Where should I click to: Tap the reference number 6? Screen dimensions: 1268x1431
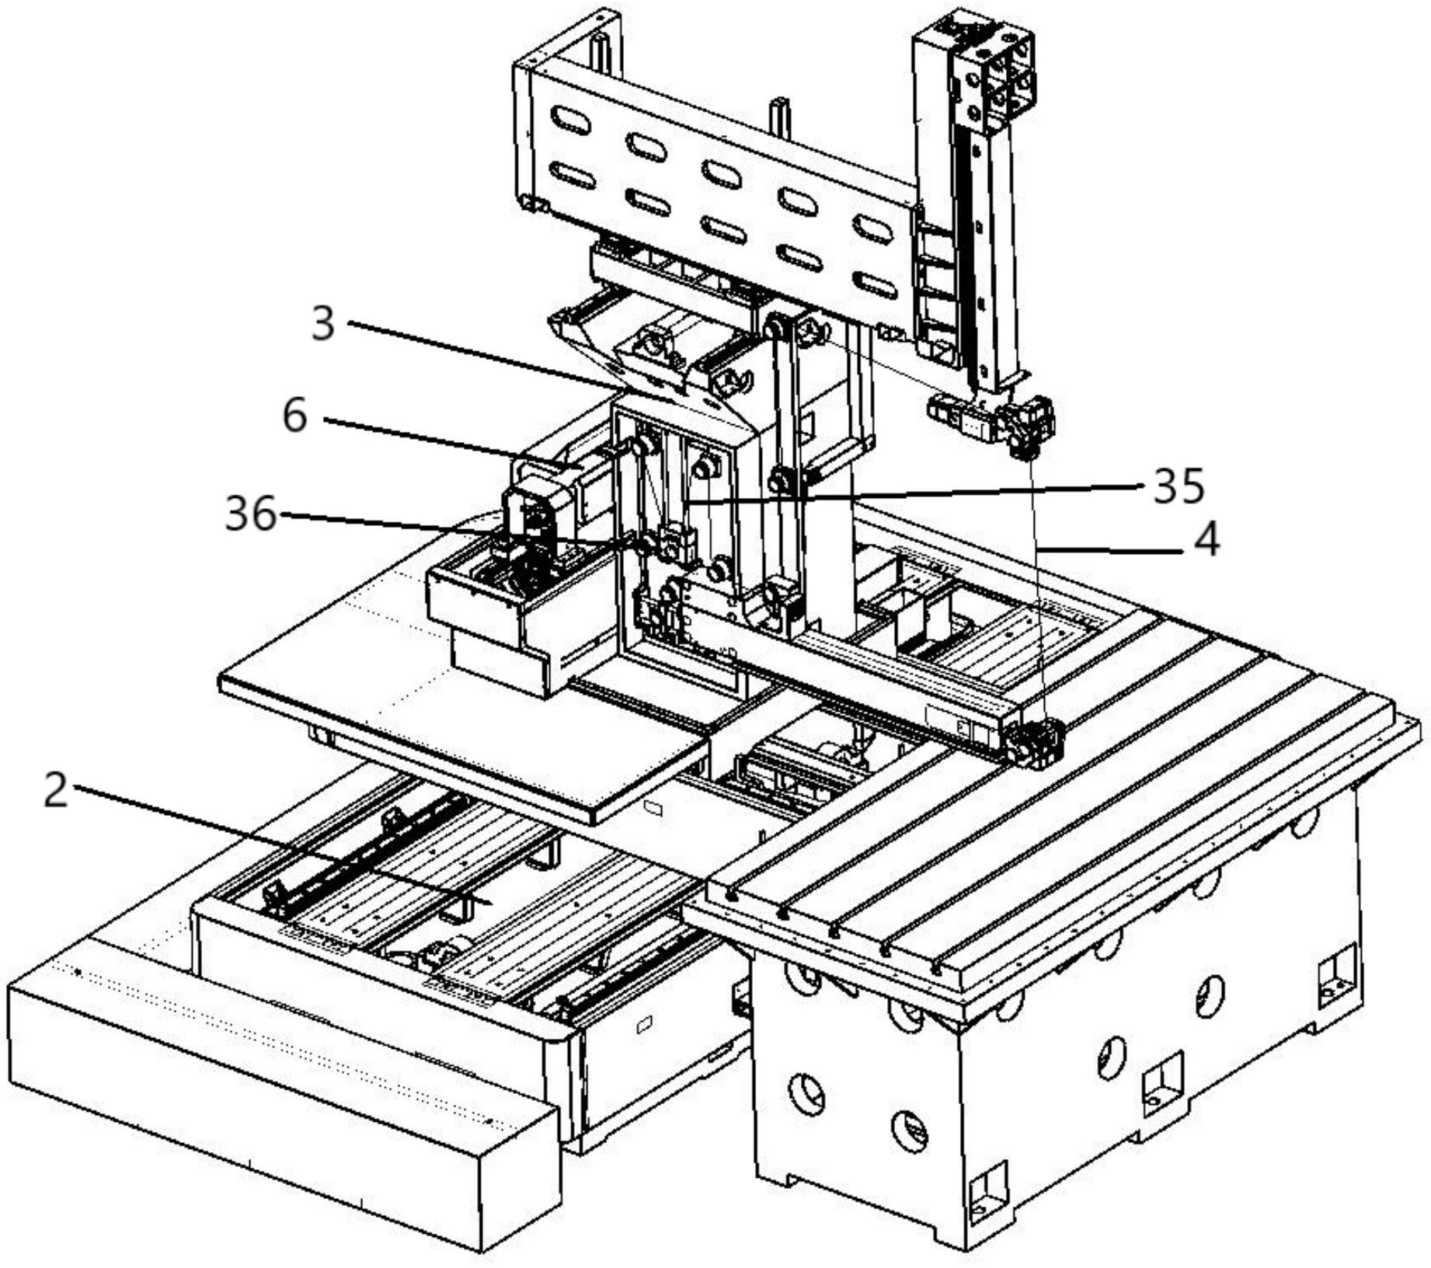pos(295,416)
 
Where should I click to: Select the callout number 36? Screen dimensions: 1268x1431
pos(250,514)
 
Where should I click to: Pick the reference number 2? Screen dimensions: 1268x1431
pos(55,792)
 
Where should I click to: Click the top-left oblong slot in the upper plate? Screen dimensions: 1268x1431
pos(569,120)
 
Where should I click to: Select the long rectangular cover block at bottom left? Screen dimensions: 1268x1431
pos(280,1080)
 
